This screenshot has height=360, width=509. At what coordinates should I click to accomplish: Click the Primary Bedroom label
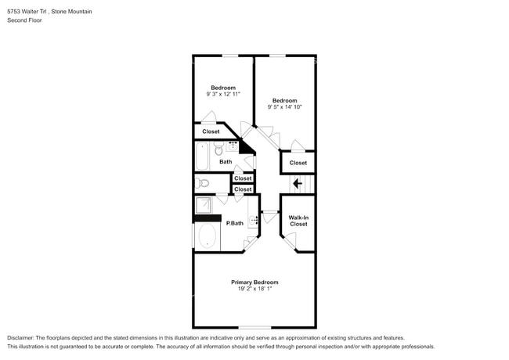(254, 283)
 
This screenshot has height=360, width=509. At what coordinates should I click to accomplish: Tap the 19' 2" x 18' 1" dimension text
(254, 289)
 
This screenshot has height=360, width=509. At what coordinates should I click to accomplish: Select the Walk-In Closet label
(298, 221)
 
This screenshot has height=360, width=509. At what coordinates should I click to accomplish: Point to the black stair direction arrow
(298, 184)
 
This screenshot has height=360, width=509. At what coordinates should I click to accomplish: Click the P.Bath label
(234, 223)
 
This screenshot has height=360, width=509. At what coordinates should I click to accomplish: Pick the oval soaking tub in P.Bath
(207, 236)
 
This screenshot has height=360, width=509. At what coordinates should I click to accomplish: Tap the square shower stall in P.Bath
(204, 205)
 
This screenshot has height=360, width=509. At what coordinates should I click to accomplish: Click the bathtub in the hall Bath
(202, 156)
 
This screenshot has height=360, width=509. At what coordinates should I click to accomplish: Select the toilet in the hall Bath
(218, 148)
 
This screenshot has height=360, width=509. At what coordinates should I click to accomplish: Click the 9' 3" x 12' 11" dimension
(223, 94)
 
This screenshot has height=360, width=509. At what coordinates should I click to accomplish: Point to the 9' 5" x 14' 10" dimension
(284, 106)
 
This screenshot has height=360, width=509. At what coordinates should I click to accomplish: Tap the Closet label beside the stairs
(298, 163)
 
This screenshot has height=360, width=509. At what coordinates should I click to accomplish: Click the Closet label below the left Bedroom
(211, 131)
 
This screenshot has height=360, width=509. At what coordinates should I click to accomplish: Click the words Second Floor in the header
(24, 20)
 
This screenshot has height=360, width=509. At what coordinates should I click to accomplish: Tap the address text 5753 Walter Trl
(28, 12)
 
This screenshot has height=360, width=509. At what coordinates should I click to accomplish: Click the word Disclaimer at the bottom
(20, 337)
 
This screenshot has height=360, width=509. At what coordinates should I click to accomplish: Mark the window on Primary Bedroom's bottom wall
(254, 327)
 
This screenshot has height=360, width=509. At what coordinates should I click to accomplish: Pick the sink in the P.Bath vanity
(253, 220)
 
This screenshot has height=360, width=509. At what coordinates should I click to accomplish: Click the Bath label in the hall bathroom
(226, 161)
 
